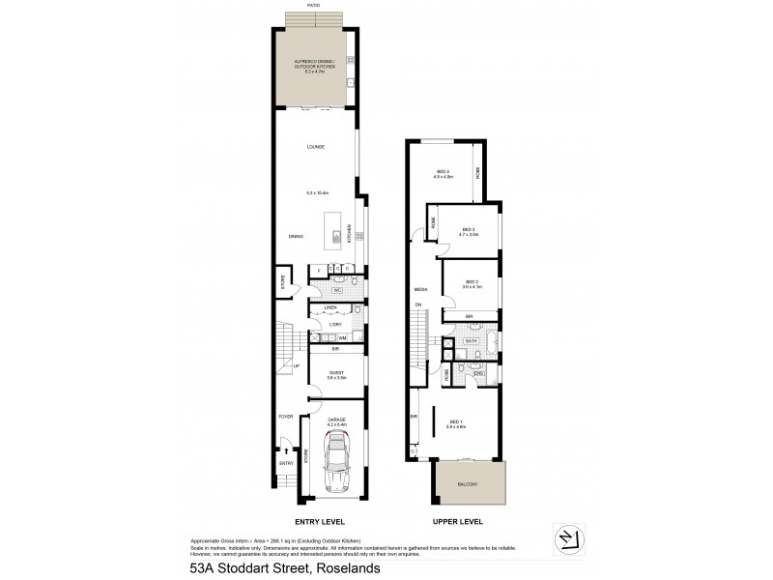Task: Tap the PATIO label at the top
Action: (x=313, y=5)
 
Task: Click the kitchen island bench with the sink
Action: (x=337, y=236)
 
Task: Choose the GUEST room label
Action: (x=335, y=372)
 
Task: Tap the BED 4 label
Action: (x=442, y=173)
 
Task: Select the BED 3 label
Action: (x=468, y=229)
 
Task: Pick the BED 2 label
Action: (x=470, y=282)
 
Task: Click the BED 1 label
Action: (x=457, y=423)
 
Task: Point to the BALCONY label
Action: (x=468, y=483)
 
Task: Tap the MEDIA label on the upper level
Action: (x=420, y=289)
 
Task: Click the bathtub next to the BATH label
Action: (x=488, y=341)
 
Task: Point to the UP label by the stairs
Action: (x=297, y=366)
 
